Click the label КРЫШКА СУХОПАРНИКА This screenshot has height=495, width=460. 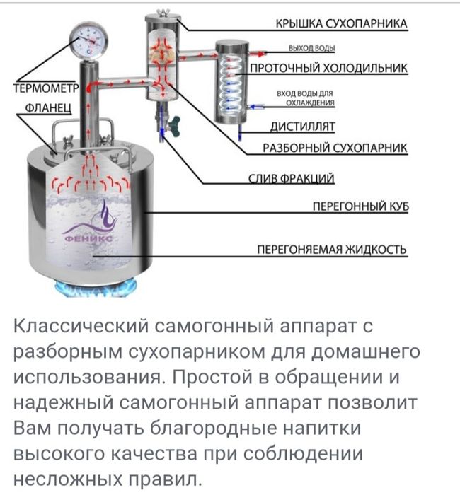(340, 23)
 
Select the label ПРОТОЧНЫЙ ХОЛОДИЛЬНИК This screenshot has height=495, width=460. (328, 69)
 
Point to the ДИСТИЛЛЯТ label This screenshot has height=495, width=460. (302, 127)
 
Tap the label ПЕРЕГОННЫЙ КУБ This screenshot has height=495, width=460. (361, 206)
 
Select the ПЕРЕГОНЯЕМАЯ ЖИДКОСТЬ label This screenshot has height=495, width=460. (331, 250)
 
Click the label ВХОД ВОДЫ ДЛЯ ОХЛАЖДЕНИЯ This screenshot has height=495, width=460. (306, 98)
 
